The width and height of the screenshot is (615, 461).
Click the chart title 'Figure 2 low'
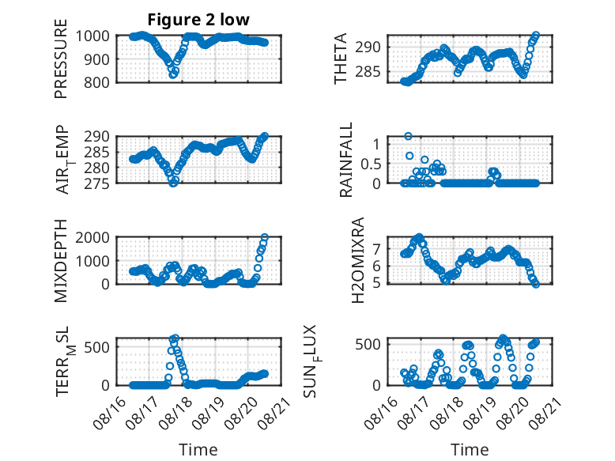pos(198,20)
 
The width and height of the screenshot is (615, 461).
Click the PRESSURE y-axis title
pos(61,59)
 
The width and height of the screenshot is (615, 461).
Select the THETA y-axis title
pos(341,59)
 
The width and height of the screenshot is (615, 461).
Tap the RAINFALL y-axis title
pos(346,159)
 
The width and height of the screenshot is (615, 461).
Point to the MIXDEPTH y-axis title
pos(61,260)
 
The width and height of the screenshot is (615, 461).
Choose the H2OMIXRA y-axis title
pos(358,260)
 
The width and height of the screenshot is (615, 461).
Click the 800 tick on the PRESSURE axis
pos(97,82)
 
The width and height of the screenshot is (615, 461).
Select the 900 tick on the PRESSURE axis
pos(97,59)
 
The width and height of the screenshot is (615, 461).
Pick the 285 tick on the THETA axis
pos(368,72)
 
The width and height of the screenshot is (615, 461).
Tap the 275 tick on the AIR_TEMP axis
pos(97,183)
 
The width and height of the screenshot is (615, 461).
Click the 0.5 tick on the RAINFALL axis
pos(371,164)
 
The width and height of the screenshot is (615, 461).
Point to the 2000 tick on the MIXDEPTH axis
pos(92,237)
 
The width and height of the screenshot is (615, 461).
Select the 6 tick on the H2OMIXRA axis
pos(376,266)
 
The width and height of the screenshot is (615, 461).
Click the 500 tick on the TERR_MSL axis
pos(97,347)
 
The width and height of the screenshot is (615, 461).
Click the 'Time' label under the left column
pos(198,449)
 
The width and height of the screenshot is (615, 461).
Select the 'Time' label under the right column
pos(470,449)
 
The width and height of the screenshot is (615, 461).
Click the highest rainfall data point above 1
pos(409,136)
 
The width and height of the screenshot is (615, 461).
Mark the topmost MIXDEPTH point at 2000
pos(265,237)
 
